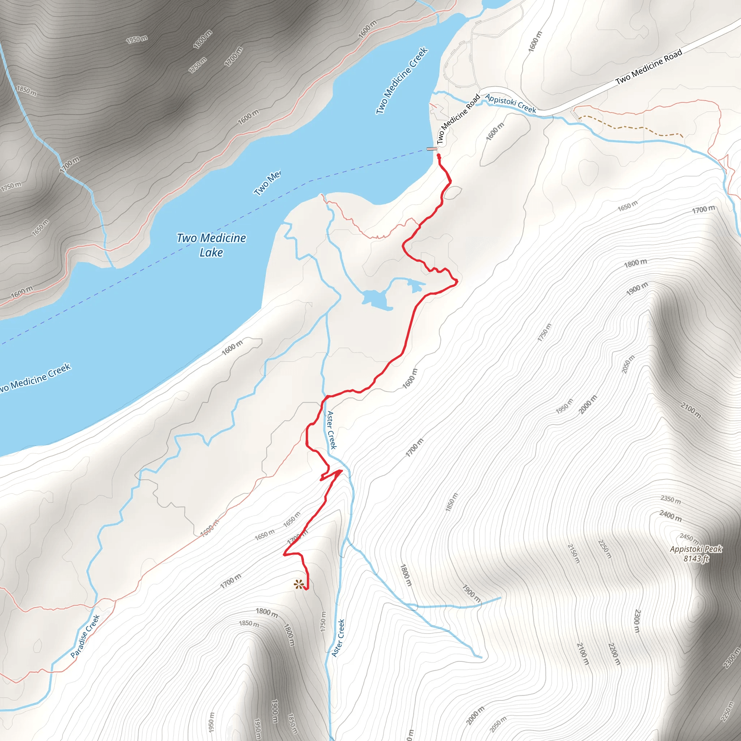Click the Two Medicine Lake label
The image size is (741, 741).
pos(211,245)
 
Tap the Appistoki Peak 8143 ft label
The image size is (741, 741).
pos(696,554)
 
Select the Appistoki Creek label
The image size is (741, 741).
pos(511,103)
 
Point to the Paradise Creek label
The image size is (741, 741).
pos(85,636)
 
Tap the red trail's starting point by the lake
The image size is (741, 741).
pos(439,156)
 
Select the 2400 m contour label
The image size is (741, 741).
pos(671,516)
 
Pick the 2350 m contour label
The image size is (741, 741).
pos(671,500)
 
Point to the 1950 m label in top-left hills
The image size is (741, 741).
pos(137,39)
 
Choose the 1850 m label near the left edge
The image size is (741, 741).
pos(26,91)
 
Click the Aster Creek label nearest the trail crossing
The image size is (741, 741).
pos(332,429)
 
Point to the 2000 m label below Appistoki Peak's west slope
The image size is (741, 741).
pos(588,404)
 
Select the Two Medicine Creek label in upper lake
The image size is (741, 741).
pos(401,81)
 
